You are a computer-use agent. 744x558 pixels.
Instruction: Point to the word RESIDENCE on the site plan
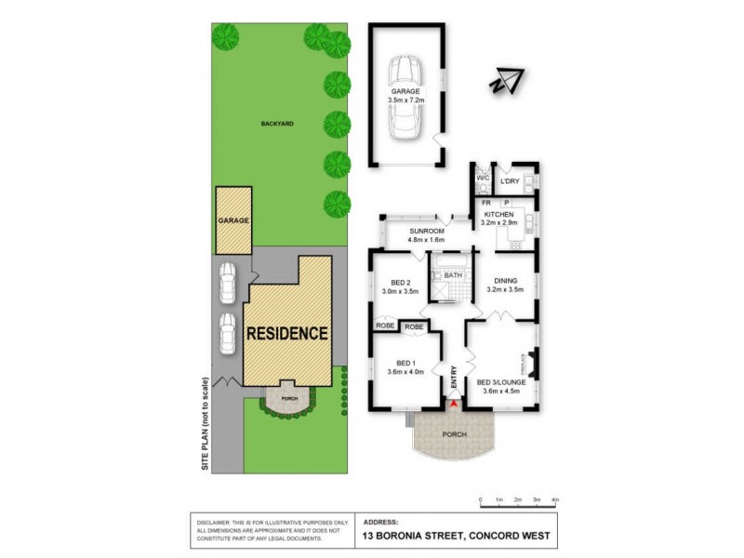(x=286, y=332)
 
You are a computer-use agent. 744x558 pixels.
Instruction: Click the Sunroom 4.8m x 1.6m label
(x=427, y=234)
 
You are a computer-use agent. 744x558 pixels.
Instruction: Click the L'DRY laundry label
(x=510, y=180)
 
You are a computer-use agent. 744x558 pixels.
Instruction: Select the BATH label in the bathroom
(x=453, y=275)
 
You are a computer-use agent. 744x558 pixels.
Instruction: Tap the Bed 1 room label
(x=405, y=366)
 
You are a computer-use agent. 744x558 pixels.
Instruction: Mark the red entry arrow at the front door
(x=453, y=403)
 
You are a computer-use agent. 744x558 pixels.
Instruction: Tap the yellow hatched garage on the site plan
(x=232, y=220)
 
